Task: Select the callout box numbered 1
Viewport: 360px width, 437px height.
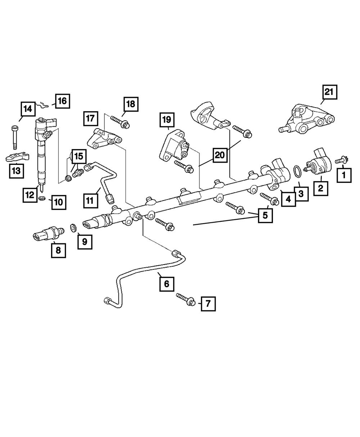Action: click(x=344, y=176)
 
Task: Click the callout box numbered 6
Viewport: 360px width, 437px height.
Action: click(x=166, y=284)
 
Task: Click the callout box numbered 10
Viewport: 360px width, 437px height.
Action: click(x=58, y=202)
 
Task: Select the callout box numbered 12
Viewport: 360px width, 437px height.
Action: click(x=30, y=194)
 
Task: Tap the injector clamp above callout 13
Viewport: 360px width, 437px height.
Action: click(x=17, y=157)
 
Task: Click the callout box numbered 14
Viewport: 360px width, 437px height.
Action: click(x=27, y=109)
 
